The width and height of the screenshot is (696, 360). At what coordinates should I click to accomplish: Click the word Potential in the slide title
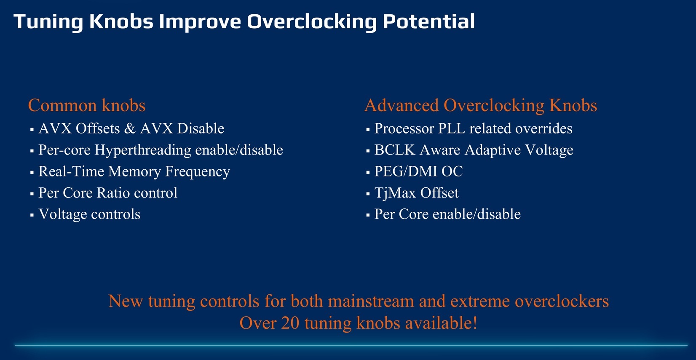click(x=428, y=21)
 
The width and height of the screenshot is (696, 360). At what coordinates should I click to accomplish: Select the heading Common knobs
click(x=87, y=105)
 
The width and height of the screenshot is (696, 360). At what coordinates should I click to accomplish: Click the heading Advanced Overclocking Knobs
click(x=481, y=105)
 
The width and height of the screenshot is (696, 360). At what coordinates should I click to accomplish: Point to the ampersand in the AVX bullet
click(x=130, y=128)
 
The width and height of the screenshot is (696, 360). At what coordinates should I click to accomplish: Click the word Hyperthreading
click(x=143, y=150)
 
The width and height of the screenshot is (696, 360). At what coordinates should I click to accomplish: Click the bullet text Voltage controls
click(x=89, y=214)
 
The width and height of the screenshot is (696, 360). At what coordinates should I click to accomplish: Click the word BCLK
click(x=395, y=150)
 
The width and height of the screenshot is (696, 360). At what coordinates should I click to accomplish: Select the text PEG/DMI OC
click(x=418, y=171)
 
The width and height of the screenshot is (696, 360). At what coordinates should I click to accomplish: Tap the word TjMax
click(x=395, y=193)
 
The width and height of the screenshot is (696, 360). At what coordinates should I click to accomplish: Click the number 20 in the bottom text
click(x=290, y=323)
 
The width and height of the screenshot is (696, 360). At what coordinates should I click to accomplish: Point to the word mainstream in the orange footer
click(x=371, y=301)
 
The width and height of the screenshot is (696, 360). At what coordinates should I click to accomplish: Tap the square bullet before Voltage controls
click(x=32, y=215)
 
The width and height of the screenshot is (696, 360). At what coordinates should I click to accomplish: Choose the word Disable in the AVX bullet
click(x=201, y=128)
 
